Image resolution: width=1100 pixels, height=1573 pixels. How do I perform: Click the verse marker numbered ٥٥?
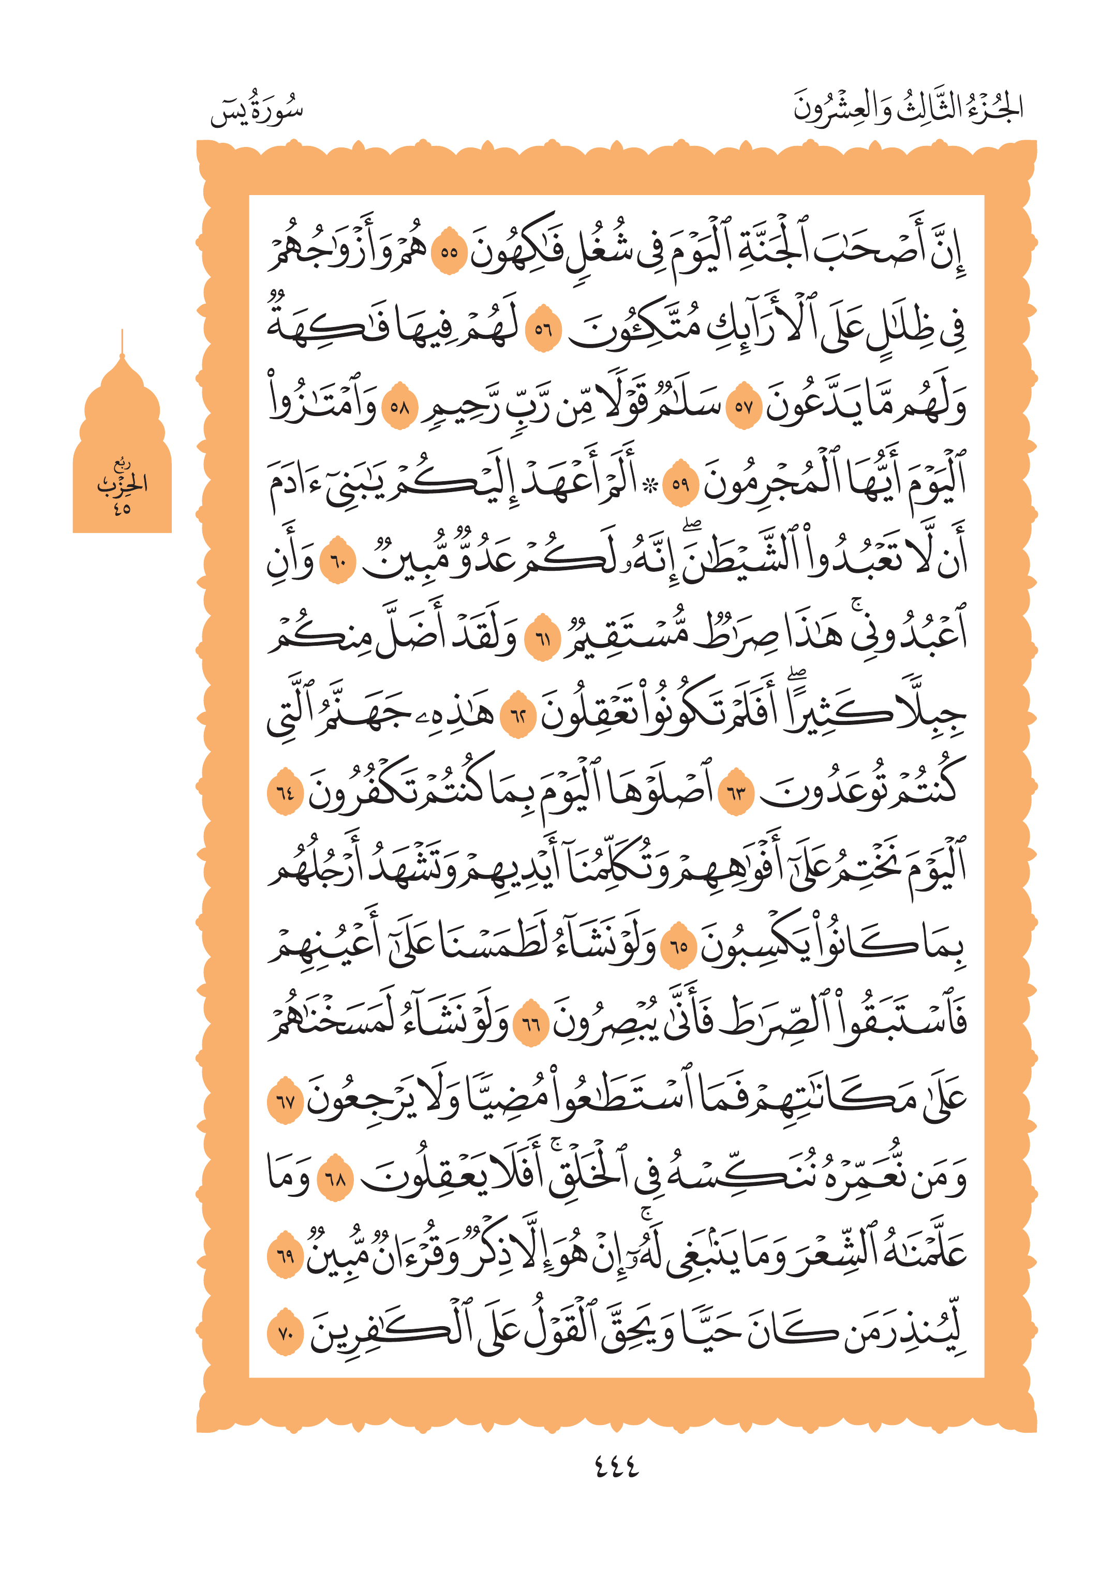tap(449, 251)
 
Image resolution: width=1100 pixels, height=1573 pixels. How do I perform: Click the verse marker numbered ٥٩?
tap(680, 484)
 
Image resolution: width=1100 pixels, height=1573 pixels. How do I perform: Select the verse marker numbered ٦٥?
tap(679, 946)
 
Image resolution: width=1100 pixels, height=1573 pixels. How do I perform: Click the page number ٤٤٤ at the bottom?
tap(616, 1467)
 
